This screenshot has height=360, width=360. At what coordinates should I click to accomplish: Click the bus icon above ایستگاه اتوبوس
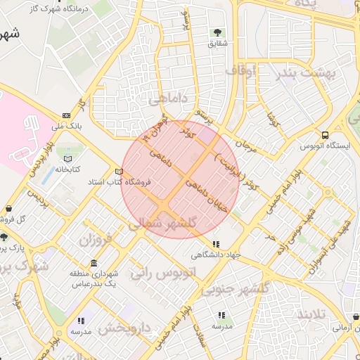[x=325, y=134]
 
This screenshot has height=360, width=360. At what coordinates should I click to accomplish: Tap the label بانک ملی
[x=66, y=127]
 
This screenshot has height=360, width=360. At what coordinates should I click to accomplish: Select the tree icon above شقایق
[x=218, y=32]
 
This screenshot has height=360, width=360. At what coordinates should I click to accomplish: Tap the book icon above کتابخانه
[x=67, y=159]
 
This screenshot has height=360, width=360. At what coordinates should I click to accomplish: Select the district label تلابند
[x=311, y=314]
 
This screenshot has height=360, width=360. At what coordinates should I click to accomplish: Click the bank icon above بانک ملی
[x=66, y=115]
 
